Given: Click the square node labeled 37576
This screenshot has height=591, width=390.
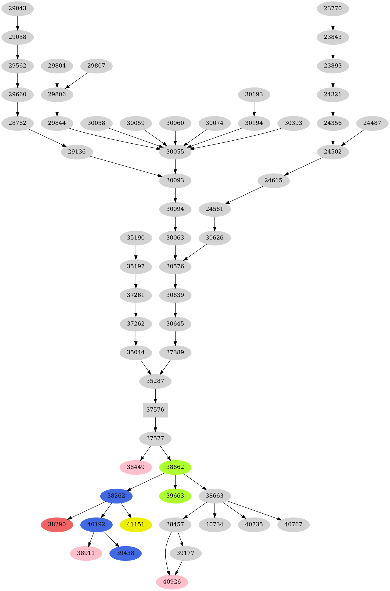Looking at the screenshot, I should coord(155,410).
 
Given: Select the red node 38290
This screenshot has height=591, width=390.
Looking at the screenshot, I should coord(57,524).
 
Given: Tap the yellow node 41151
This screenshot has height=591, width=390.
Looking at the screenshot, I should coord(136,524).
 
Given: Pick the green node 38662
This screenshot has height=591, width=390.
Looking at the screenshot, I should coord(175,467).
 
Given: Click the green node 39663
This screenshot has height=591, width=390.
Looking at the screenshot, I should coord(175,496).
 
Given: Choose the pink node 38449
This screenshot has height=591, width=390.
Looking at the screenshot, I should coord(136,467).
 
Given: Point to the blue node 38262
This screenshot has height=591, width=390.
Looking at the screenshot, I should coord(116,496).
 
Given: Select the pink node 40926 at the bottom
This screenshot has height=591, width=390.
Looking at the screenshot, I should coord(172,582).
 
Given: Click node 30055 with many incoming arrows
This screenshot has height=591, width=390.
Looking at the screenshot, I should coord(175,152).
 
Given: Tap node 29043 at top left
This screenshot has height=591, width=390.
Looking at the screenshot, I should coord(18,8).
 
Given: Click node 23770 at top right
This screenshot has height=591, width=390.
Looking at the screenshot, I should coord(333,8).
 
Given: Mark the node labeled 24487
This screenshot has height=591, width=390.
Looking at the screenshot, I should coord(372,123).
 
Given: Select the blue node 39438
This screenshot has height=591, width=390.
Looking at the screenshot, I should coord(125,553).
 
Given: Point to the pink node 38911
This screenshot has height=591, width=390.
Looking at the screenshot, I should coord(86,553).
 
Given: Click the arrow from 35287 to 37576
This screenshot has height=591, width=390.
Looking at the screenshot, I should coord(155,396).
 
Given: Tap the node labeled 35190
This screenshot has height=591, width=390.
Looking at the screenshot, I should coord(136,238).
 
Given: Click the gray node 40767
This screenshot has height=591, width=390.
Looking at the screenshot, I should coord(294,524).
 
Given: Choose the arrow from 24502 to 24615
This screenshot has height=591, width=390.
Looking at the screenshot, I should coord(303,166).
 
